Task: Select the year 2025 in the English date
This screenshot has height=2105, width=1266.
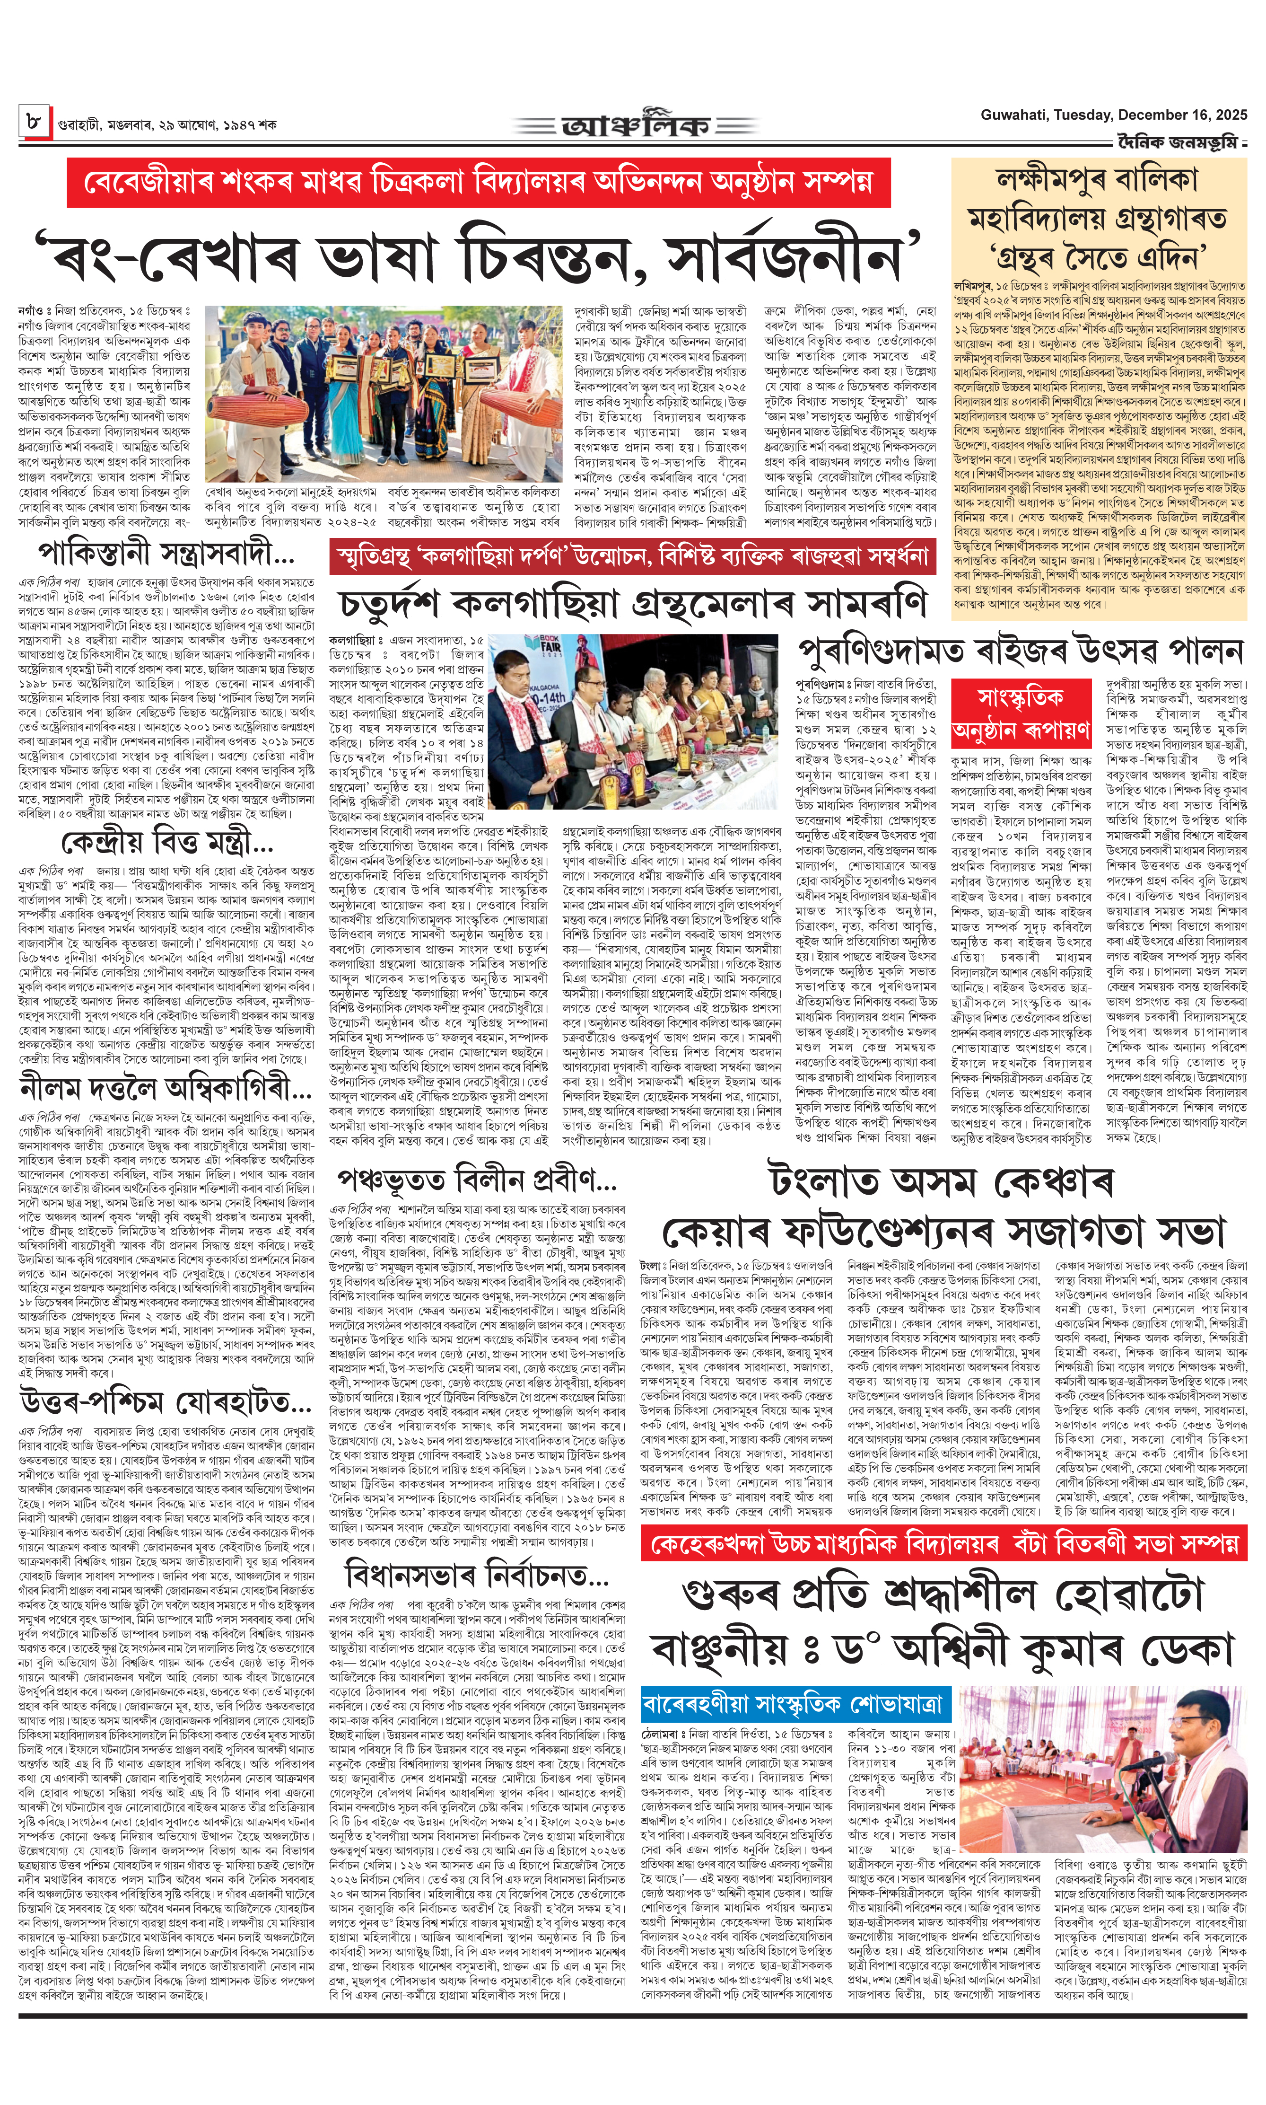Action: coord(1229,115)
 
